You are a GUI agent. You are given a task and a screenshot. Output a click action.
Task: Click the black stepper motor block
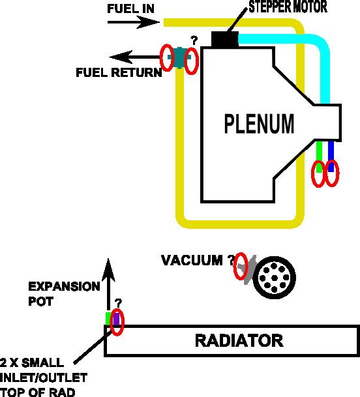point(225,39)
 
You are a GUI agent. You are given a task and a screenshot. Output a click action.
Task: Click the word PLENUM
point(259,124)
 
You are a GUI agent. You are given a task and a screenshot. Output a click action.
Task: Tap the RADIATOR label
point(239,340)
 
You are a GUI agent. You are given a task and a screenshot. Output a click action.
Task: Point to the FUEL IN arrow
point(134,22)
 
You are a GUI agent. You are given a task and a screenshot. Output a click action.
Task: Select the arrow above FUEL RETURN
point(135,57)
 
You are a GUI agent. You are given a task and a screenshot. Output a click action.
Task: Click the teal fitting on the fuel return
point(179,58)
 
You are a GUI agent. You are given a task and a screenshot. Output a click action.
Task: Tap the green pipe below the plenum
point(319,156)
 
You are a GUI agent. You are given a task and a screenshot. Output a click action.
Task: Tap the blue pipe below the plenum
point(331,156)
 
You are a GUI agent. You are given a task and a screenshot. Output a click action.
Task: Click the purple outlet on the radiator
point(116,319)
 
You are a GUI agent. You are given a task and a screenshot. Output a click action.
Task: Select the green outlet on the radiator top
point(109,319)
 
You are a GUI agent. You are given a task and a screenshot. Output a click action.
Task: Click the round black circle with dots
point(275,278)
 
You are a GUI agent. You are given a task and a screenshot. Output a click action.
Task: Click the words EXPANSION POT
point(64,294)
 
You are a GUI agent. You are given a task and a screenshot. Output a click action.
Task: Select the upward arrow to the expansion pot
point(108,285)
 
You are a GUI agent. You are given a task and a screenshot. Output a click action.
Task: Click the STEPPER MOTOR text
point(288,7)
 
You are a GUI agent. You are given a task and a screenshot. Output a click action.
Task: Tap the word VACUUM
point(192,260)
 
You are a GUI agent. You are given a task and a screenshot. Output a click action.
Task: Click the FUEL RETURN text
point(119,72)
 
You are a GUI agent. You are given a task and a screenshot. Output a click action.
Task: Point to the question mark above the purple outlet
point(118,302)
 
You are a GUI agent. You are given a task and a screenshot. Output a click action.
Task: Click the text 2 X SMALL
point(32,363)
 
